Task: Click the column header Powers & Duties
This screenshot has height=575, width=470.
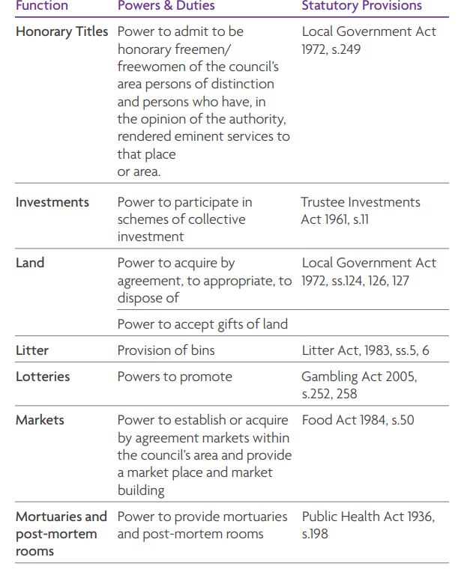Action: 166,6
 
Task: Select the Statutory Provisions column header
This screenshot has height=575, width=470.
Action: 361,6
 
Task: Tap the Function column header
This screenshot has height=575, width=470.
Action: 42,6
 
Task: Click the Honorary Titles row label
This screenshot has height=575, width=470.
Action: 61,32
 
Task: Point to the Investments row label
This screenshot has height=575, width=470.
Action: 52,202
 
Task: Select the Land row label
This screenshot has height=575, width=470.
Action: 30,263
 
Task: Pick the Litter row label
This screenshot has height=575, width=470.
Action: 32,350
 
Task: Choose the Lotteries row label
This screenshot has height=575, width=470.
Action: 43,377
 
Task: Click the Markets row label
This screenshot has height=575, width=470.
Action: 40,420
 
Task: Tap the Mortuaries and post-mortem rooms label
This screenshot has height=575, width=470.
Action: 61,534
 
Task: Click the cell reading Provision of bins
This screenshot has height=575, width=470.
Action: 166,350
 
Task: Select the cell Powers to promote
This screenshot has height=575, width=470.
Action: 175,377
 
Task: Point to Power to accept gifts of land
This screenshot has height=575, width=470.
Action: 202,324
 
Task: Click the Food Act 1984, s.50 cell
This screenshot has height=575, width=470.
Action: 358,420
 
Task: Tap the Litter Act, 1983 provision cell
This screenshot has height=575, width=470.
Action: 365,350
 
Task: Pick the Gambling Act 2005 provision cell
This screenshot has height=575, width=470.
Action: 359,385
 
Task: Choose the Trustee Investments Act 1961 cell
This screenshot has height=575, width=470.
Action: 361,210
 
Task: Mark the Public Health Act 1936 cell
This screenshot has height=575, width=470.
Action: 368,525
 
